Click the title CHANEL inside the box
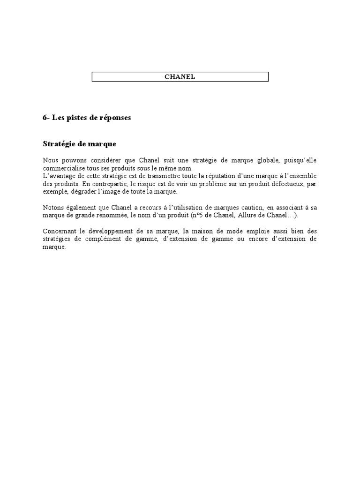pyautogui.click(x=180, y=77)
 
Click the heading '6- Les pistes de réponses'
pyautogui.click(x=87, y=118)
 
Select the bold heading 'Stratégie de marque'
pyautogui.click(x=79, y=143)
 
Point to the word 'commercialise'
pyautogui.click(x=63, y=168)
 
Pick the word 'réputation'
pyautogui.click(x=220, y=176)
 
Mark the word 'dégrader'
pyautogui.click(x=75, y=192)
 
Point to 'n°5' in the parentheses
pyautogui.click(x=196, y=216)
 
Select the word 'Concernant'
pyautogui.click(x=60, y=231)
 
